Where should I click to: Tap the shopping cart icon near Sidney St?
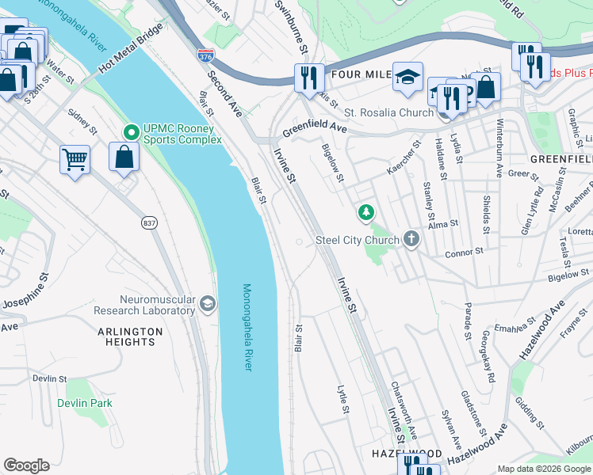75,159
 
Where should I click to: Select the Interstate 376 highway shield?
205,55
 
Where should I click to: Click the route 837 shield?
148,224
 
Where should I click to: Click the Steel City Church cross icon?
411,238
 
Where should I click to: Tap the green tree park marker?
365,212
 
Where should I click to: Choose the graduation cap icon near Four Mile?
408,77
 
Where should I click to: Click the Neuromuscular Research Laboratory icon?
208,304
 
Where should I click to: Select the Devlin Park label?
85,403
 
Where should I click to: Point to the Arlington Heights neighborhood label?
126,336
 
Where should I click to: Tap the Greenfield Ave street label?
316,127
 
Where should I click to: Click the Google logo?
26,465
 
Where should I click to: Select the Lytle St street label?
343,399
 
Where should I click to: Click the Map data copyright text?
543,469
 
